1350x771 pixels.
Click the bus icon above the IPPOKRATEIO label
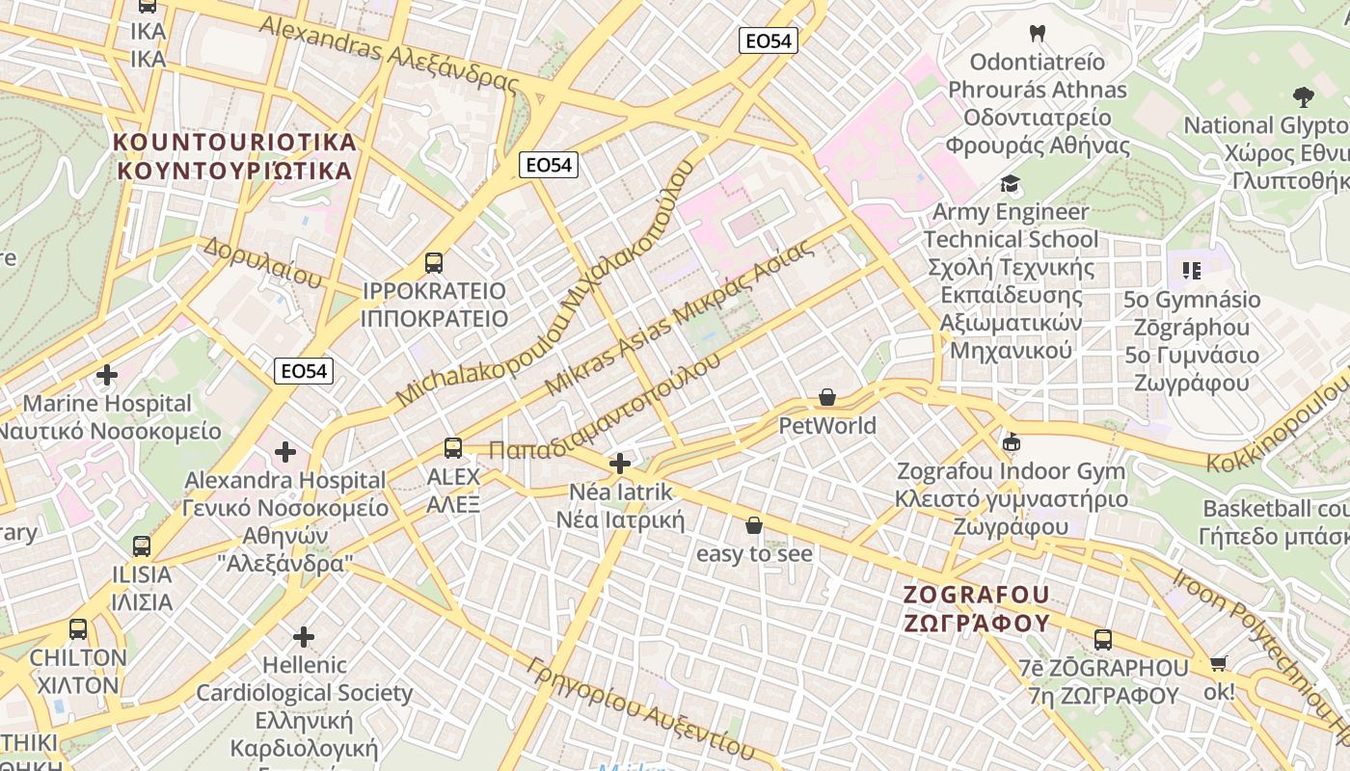pyautogui.click(x=434, y=262)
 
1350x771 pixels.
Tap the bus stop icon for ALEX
pyautogui.click(x=453, y=448)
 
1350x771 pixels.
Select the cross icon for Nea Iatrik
pyautogui.click(x=620, y=465)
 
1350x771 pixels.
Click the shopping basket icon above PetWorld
pyautogui.click(x=826, y=397)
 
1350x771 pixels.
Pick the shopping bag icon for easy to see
pyautogui.click(x=754, y=525)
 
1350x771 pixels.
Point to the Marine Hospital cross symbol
pyautogui.click(x=107, y=374)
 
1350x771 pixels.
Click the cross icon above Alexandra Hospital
pyautogui.click(x=285, y=451)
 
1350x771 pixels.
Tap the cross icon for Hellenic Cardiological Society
pyautogui.click(x=304, y=637)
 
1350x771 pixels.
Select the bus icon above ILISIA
pyautogui.click(x=142, y=546)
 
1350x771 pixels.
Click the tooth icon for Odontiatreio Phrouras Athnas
pyautogui.click(x=1038, y=33)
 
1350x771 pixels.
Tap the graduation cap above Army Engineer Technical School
pyautogui.click(x=1010, y=183)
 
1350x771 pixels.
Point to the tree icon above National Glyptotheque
pyautogui.click(x=1303, y=96)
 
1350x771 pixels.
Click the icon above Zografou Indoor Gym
pyautogui.click(x=1011, y=443)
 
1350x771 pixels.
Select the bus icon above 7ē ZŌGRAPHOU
pyautogui.click(x=1103, y=639)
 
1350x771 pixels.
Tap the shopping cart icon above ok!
pyautogui.click(x=1218, y=663)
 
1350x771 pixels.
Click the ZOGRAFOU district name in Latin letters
pyautogui.click(x=977, y=595)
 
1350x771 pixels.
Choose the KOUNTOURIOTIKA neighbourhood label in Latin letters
pyautogui.click(x=235, y=143)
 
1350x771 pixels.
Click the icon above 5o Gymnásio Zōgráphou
pyautogui.click(x=1191, y=271)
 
